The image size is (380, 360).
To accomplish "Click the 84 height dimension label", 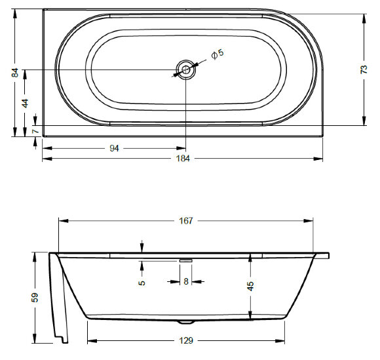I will click(14, 73).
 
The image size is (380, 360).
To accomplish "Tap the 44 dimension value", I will click(25, 103).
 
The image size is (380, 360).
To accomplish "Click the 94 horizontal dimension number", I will click(114, 148).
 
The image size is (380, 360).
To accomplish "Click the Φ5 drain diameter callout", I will click(218, 54).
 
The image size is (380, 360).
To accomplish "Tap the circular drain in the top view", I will click(186, 69).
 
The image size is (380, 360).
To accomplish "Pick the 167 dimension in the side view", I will click(186, 220).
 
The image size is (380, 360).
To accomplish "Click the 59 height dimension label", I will click(36, 298).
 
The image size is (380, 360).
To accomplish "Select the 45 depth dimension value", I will click(250, 287).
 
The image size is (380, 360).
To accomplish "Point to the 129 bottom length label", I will click(186, 340).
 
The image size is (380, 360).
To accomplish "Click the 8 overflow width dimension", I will click(186, 282).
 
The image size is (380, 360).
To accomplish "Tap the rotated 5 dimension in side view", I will click(142, 283).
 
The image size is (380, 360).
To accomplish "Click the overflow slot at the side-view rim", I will click(186, 260).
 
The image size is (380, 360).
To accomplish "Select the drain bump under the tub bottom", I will click(186, 322).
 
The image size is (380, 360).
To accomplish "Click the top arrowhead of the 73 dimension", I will click(363, 15).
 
